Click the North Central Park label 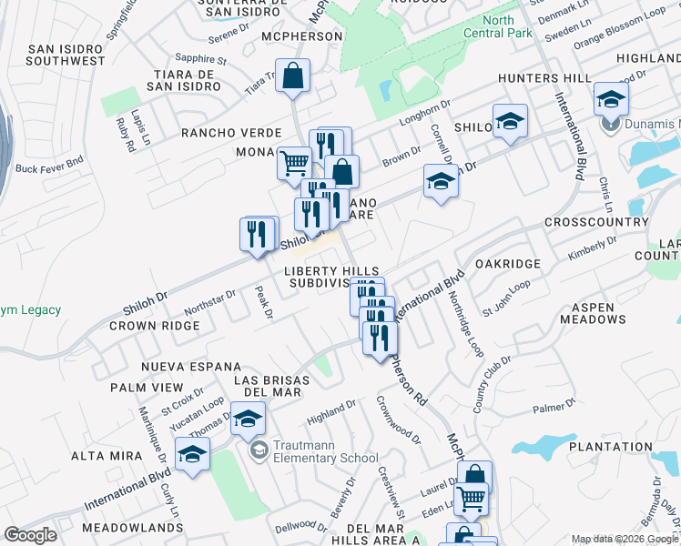(507, 25)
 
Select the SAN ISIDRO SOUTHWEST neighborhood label (66, 55)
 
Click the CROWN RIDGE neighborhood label (155, 325)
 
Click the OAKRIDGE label (507, 264)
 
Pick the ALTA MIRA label (107, 455)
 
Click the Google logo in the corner (30, 535)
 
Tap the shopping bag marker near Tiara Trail (293, 78)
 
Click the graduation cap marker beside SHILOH (511, 122)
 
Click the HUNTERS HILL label (544, 78)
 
